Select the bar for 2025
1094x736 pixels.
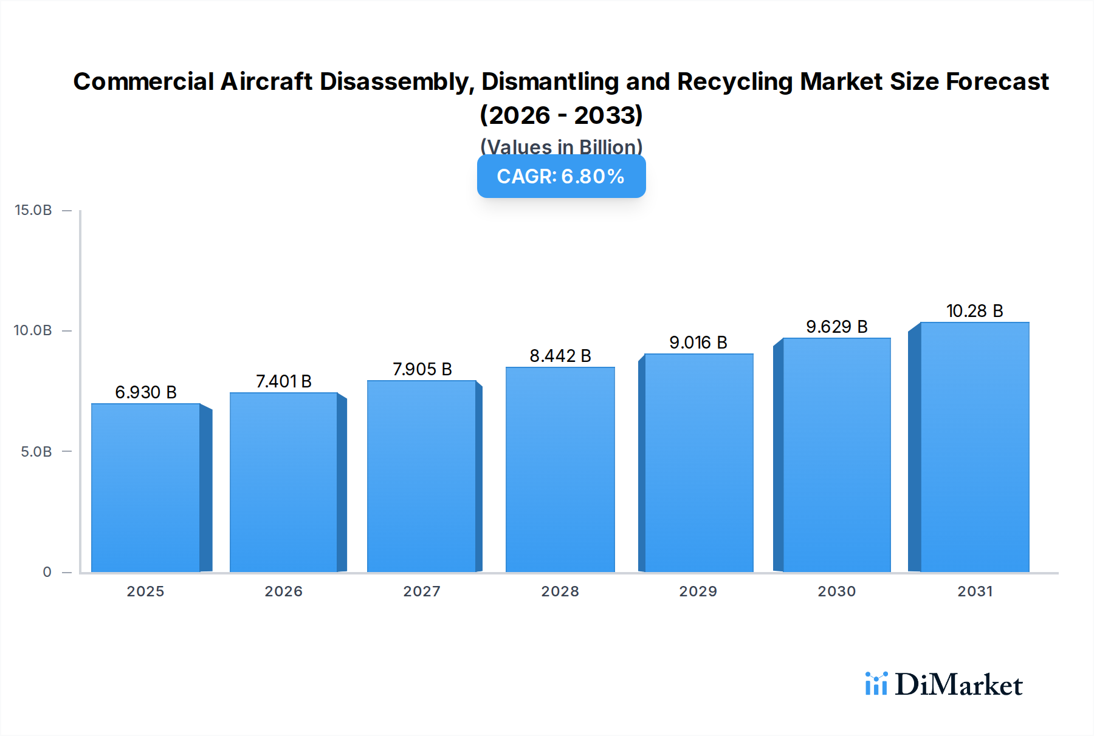click(146, 488)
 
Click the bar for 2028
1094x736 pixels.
click(560, 469)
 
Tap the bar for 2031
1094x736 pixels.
click(974, 447)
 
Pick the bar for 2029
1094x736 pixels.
click(698, 463)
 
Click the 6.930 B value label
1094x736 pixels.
click(146, 392)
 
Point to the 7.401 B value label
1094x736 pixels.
click(284, 381)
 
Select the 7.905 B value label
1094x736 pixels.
click(422, 369)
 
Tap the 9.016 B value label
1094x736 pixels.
click(698, 342)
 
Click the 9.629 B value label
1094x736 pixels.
click(837, 327)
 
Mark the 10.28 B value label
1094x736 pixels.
click(974, 311)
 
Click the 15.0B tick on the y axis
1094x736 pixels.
click(33, 210)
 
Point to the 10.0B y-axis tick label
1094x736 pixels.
click(33, 330)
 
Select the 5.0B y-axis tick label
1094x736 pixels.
click(36, 452)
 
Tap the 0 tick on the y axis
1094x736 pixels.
click(47, 572)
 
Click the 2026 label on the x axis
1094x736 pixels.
click(284, 591)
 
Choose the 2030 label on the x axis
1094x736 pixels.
click(837, 591)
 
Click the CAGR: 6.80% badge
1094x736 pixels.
click(561, 177)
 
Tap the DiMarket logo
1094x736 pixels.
click(944, 684)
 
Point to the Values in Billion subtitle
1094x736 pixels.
click(561, 147)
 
